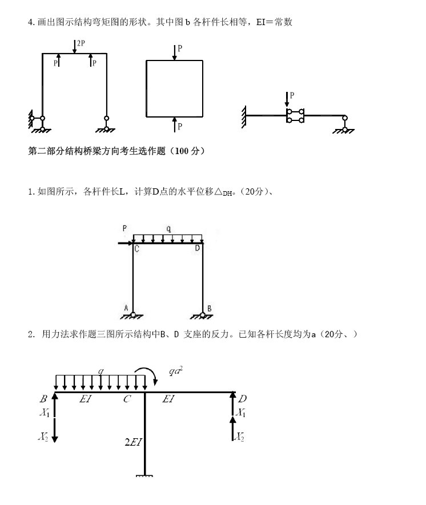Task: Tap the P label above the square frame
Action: [x=180, y=49]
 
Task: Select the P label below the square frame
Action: [x=180, y=126]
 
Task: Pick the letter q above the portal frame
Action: [x=168, y=229]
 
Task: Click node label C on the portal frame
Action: [x=136, y=248]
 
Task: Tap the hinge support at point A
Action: [x=132, y=314]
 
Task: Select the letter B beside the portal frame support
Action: [x=210, y=309]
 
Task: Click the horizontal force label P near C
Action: [x=124, y=229]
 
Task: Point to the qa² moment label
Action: [x=175, y=371]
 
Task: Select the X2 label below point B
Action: [x=43, y=437]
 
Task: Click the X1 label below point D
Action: [x=242, y=412]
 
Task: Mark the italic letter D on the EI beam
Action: [x=242, y=399]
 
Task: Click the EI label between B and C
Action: [x=86, y=399]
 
